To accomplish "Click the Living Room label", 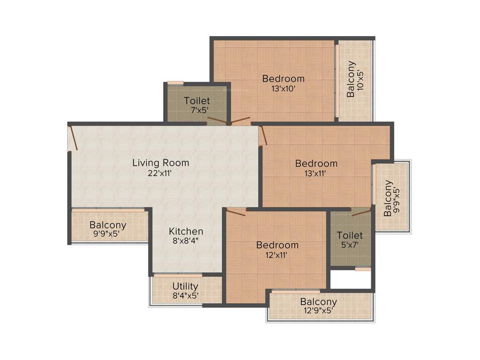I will pyautogui.click(x=160, y=163).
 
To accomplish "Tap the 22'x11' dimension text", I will pyautogui.click(x=160, y=172).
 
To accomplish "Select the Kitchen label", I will pyautogui.click(x=186, y=231).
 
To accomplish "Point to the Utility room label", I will pyautogui.click(x=185, y=286).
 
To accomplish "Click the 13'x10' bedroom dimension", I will pyautogui.click(x=283, y=88).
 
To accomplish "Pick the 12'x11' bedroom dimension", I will pyautogui.click(x=277, y=255).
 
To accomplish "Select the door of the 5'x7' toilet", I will pyautogui.click(x=361, y=213).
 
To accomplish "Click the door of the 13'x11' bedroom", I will pyautogui.click(x=263, y=135).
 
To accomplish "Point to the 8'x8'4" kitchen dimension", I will pyautogui.click(x=186, y=241).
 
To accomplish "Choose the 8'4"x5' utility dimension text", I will pyautogui.click(x=185, y=296).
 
